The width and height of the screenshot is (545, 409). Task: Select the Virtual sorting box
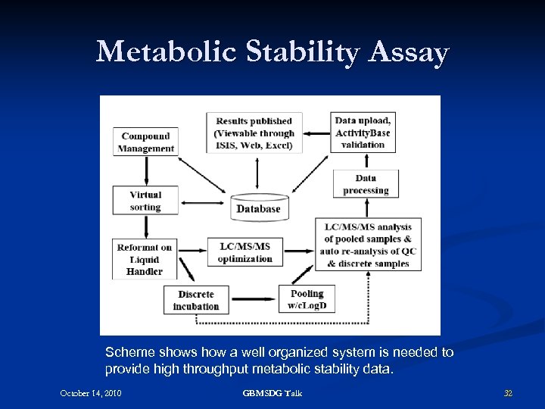coord(145,201)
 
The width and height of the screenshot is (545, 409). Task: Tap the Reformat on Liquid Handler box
coord(145,259)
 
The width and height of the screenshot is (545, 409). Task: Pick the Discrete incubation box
coord(196,300)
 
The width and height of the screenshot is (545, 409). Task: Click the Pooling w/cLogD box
coord(307,299)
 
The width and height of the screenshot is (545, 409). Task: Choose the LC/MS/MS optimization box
coord(244,252)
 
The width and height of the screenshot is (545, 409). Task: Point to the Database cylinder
coord(258,208)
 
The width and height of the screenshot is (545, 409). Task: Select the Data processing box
coord(366,184)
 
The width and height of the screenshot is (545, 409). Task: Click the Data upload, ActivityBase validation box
coord(363,133)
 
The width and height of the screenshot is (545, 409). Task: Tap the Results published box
coord(254,133)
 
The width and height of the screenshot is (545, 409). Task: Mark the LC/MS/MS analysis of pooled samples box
coord(367,245)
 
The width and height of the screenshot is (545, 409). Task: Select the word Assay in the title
coord(410,52)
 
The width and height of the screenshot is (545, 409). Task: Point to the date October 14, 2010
coord(91,393)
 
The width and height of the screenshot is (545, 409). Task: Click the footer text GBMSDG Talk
coord(272,393)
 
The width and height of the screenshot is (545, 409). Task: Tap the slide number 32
coord(508,393)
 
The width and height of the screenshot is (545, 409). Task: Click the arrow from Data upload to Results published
coord(316,133)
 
